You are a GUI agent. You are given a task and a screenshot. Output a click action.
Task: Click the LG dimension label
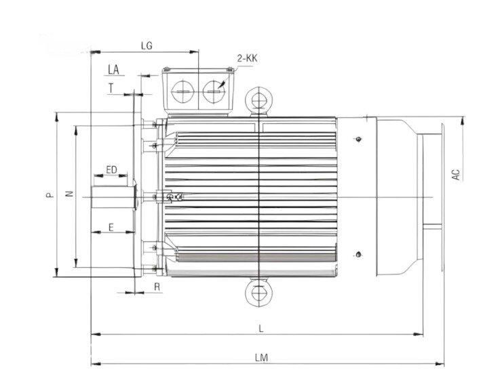(x=146, y=46)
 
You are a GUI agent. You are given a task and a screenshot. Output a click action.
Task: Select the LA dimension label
(x=113, y=69)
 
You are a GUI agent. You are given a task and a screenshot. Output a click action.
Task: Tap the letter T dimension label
(x=111, y=87)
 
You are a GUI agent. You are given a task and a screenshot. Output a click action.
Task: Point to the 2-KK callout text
(x=247, y=59)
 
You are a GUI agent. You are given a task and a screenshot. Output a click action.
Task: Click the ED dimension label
(x=111, y=169)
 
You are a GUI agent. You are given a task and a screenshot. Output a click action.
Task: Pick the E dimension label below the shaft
(x=111, y=228)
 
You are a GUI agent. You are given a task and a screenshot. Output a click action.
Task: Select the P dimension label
(x=49, y=195)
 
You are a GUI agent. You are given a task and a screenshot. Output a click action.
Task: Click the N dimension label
(x=69, y=195)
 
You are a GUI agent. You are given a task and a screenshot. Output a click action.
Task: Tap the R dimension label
(x=157, y=287)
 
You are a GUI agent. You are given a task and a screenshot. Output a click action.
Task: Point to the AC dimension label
(x=457, y=174)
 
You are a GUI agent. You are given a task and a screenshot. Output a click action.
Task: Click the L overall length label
(x=261, y=328)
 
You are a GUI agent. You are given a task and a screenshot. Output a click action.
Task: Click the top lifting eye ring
(x=258, y=100)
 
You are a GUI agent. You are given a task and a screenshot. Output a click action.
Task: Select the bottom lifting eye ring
(x=258, y=294)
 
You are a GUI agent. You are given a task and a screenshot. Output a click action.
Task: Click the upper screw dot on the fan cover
(x=358, y=140)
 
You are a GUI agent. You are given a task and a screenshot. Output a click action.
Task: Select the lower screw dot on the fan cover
(x=358, y=255)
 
